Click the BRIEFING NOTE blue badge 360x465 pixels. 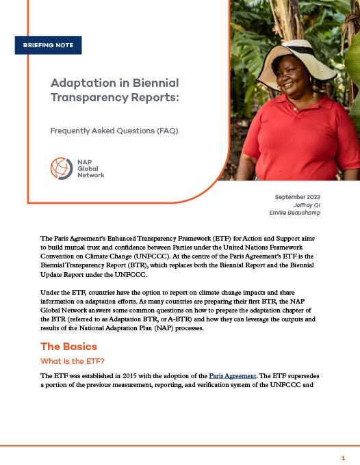[x=48, y=46]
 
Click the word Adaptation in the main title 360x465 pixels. [x=77, y=83]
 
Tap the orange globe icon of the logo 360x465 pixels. [x=61, y=168]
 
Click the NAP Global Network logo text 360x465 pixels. [x=90, y=168]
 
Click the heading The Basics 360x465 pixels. [x=68, y=347]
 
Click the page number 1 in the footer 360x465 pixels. [x=343, y=457]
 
